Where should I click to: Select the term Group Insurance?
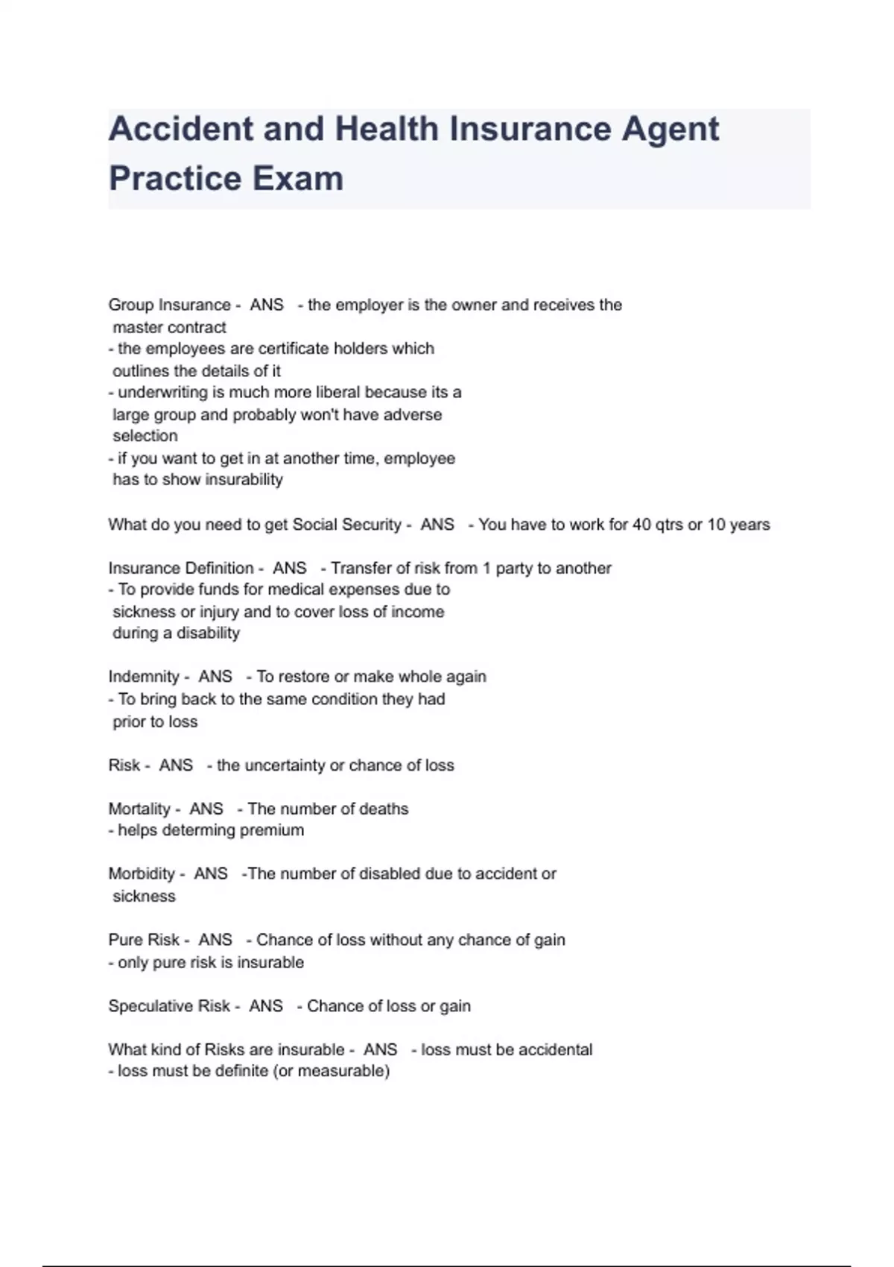169,305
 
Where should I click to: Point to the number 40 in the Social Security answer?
642,525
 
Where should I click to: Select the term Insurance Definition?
181,568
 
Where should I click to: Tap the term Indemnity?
144,677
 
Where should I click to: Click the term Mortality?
139,809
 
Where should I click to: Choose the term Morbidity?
142,873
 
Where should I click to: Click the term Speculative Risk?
169,1006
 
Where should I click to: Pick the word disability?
208,633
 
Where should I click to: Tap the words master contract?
169,327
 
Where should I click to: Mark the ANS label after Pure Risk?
215,940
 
